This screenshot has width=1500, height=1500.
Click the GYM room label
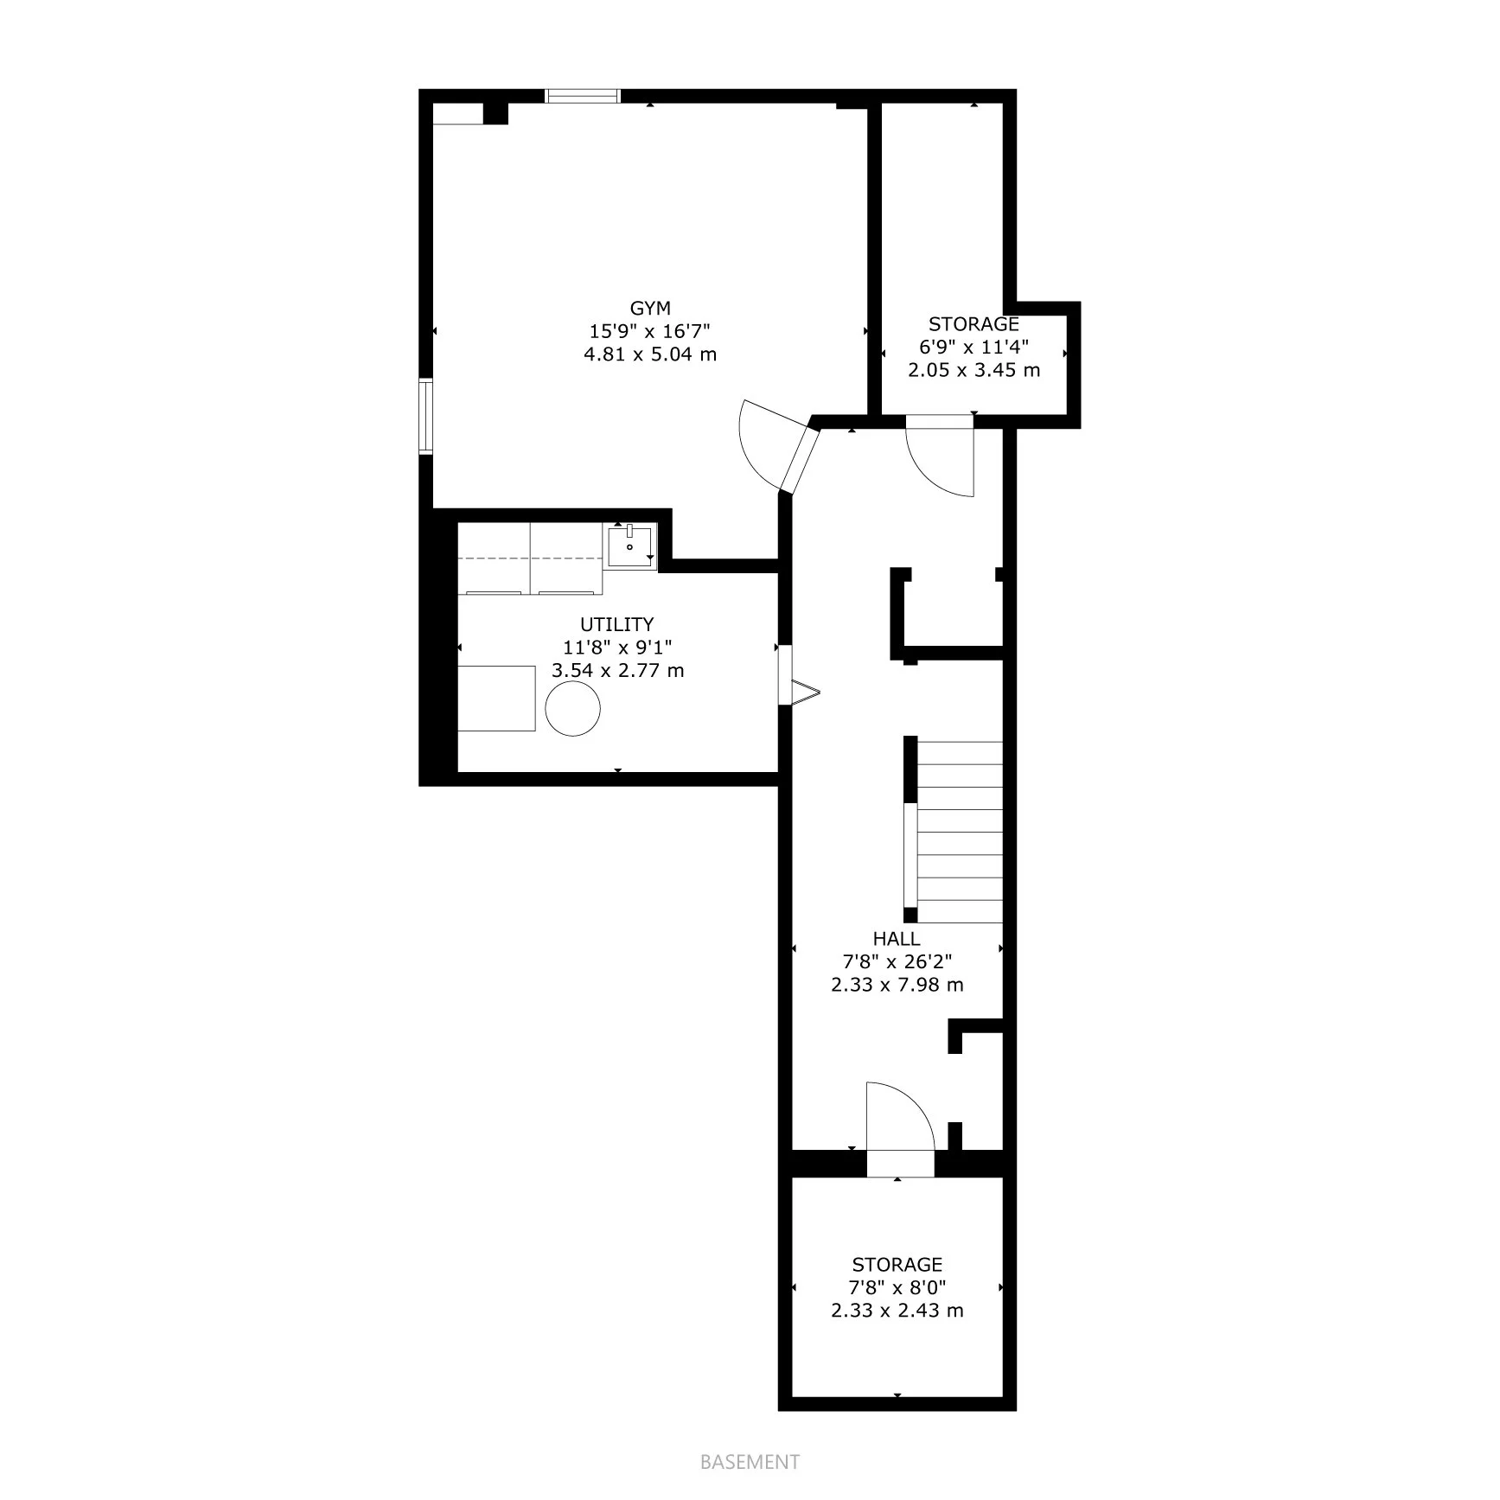(x=650, y=309)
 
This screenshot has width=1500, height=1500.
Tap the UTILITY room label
(x=616, y=624)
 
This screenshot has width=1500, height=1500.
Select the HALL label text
(x=897, y=938)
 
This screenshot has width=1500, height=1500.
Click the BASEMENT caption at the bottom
(x=750, y=1462)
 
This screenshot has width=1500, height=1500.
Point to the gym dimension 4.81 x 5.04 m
(x=650, y=354)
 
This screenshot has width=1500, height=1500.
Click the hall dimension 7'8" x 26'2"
(x=897, y=961)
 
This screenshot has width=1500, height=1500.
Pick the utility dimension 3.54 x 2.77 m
(x=617, y=671)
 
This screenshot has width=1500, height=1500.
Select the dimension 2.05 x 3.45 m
(x=973, y=371)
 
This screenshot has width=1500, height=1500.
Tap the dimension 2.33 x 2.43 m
(x=897, y=1311)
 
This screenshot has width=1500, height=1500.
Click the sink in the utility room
(x=630, y=546)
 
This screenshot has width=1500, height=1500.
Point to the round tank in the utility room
(x=572, y=709)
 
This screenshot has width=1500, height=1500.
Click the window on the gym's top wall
(x=583, y=96)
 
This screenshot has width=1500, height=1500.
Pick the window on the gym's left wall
(x=425, y=416)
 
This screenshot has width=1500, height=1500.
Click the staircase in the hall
(x=954, y=832)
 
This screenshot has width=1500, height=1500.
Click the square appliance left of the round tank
(x=496, y=699)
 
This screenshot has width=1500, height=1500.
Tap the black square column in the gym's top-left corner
(x=495, y=113)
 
